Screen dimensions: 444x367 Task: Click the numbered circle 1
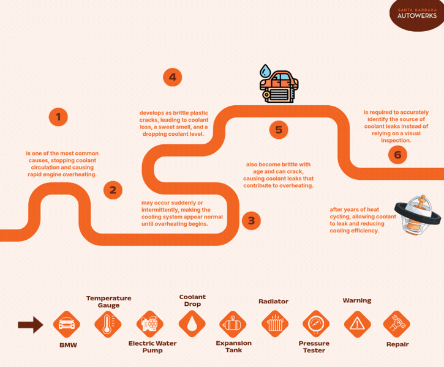coord(58,117)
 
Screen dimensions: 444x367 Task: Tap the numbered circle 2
coord(113,190)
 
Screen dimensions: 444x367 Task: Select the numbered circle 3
coord(252,221)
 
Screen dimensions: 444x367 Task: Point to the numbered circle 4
coord(173,77)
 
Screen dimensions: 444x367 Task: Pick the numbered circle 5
coord(279,130)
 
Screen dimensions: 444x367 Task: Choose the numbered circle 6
coord(397,155)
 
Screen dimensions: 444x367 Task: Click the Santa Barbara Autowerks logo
coord(417,14)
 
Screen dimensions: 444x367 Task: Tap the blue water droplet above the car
coord(265,71)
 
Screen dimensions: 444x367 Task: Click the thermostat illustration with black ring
coord(418,215)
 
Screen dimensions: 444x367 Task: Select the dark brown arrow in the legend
coord(31,325)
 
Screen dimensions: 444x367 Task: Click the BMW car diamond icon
coord(67,324)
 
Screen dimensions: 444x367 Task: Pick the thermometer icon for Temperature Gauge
coord(108,324)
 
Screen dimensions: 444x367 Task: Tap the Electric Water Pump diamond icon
coord(150,324)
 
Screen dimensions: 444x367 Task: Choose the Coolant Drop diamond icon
coord(192,324)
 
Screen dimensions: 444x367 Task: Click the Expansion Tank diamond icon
coord(233,324)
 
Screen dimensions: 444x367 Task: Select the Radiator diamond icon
coord(275,324)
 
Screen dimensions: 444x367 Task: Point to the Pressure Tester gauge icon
coord(316,324)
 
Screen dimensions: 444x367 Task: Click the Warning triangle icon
coord(358,324)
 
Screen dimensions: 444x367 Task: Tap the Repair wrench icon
coord(396,324)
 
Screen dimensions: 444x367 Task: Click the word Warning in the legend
coord(357,300)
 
